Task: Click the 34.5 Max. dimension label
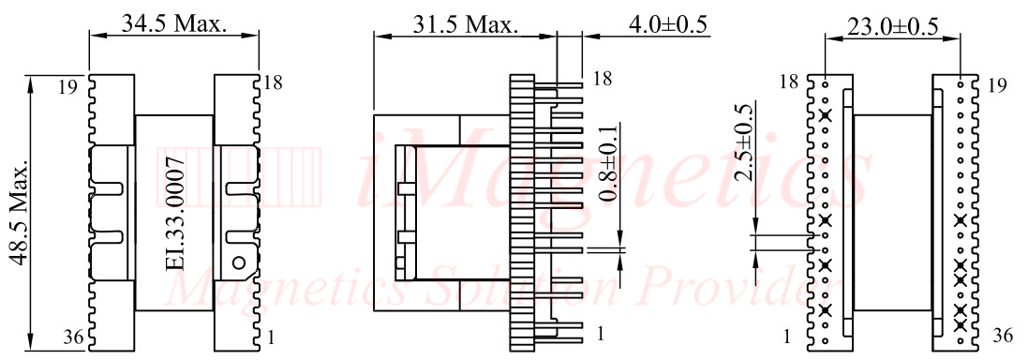tap(174, 24)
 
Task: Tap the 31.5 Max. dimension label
tap(466, 25)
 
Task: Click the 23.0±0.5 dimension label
tap(892, 27)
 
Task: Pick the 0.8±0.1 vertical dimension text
tap(609, 164)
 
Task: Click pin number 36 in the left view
tap(73, 337)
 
